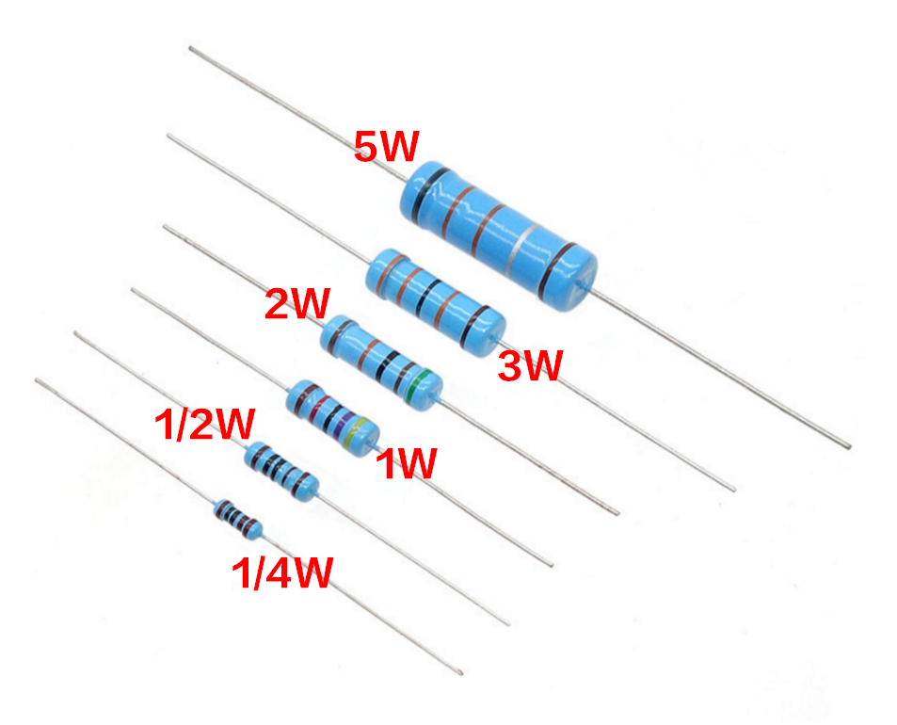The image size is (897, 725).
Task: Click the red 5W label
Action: click(386, 146)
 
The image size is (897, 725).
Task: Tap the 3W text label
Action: click(529, 366)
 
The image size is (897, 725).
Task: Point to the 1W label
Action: click(407, 463)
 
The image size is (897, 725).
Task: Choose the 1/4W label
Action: click(281, 573)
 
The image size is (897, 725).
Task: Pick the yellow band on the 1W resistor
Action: click(356, 434)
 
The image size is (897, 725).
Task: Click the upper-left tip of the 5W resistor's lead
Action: click(191, 45)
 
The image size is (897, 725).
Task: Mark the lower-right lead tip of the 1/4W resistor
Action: click(460, 672)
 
